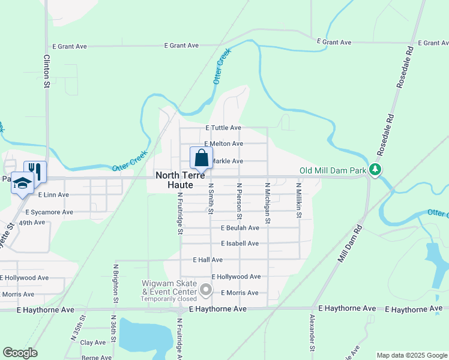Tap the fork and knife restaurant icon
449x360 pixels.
click(34, 171)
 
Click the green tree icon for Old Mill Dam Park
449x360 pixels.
click(375, 170)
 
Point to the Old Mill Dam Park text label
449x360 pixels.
click(333, 171)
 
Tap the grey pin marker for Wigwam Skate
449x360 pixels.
click(206, 290)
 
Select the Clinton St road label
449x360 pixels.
click(46, 72)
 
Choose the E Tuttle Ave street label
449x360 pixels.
click(223, 128)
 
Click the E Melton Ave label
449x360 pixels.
click(223, 144)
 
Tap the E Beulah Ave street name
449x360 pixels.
click(240, 228)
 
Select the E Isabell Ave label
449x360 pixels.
click(240, 244)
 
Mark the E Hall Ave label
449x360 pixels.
click(208, 260)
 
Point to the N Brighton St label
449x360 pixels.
click(116, 281)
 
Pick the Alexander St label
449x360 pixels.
click(312, 332)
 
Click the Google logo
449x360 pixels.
click(20, 353)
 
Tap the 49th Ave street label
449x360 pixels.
click(32, 223)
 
